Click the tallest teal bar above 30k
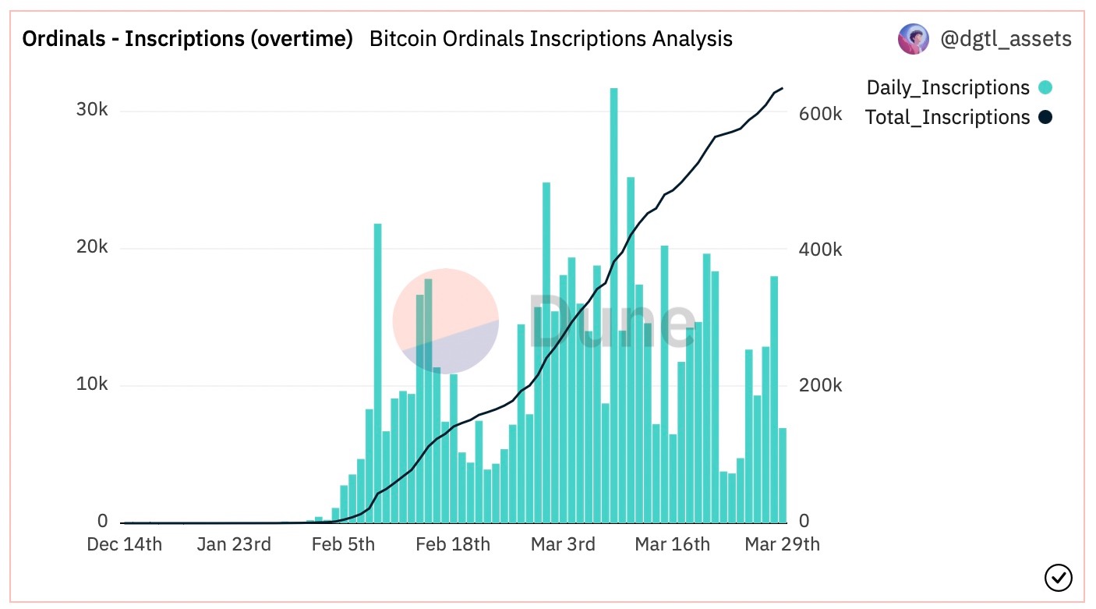613,304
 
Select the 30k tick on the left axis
91,110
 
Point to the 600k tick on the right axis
821,114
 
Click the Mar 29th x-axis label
782,543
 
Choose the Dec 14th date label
125,543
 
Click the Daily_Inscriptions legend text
948,88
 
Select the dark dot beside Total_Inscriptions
1045,118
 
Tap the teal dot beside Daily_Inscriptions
1045,88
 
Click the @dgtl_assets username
1006,39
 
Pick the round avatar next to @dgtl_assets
913,39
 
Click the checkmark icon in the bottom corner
1058,578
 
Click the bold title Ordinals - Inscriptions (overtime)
187,39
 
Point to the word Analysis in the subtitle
690,39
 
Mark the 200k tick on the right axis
821,386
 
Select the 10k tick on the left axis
91,385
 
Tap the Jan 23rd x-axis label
234,543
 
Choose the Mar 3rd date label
563,543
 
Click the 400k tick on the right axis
821,250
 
